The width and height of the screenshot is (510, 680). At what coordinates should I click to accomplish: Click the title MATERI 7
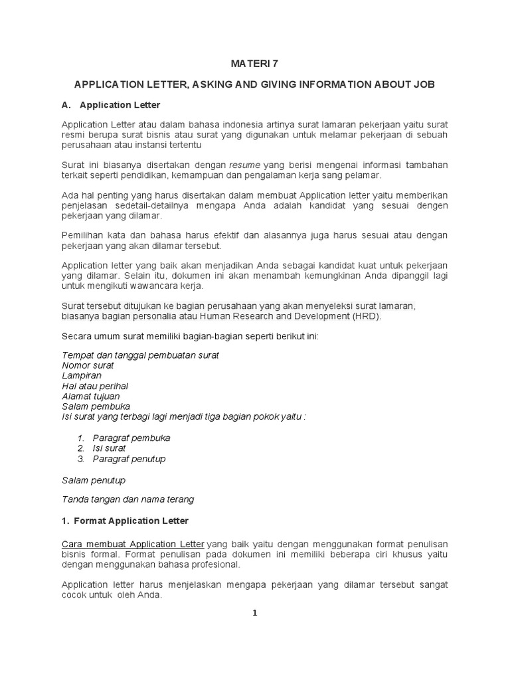(x=254, y=64)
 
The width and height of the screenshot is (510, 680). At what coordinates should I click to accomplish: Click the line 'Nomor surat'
(x=88, y=365)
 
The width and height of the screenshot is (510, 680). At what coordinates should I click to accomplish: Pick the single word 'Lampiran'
(x=82, y=375)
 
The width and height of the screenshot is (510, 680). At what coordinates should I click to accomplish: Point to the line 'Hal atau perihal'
(x=95, y=386)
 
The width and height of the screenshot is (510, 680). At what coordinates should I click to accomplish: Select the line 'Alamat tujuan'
(x=91, y=396)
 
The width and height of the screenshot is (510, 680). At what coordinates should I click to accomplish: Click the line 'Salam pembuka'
(x=96, y=406)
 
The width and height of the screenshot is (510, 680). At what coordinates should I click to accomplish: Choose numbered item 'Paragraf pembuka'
(x=131, y=438)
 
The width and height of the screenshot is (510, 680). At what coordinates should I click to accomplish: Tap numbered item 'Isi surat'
(x=109, y=448)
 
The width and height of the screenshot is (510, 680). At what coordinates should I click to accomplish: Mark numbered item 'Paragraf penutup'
(x=129, y=459)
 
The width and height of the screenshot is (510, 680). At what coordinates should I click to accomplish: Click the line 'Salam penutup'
(x=94, y=480)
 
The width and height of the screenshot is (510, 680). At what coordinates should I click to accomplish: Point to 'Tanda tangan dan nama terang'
(x=127, y=499)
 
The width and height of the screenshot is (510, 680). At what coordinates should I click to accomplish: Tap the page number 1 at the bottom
(x=254, y=613)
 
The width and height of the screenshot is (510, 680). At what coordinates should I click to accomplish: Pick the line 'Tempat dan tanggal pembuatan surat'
(x=140, y=355)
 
